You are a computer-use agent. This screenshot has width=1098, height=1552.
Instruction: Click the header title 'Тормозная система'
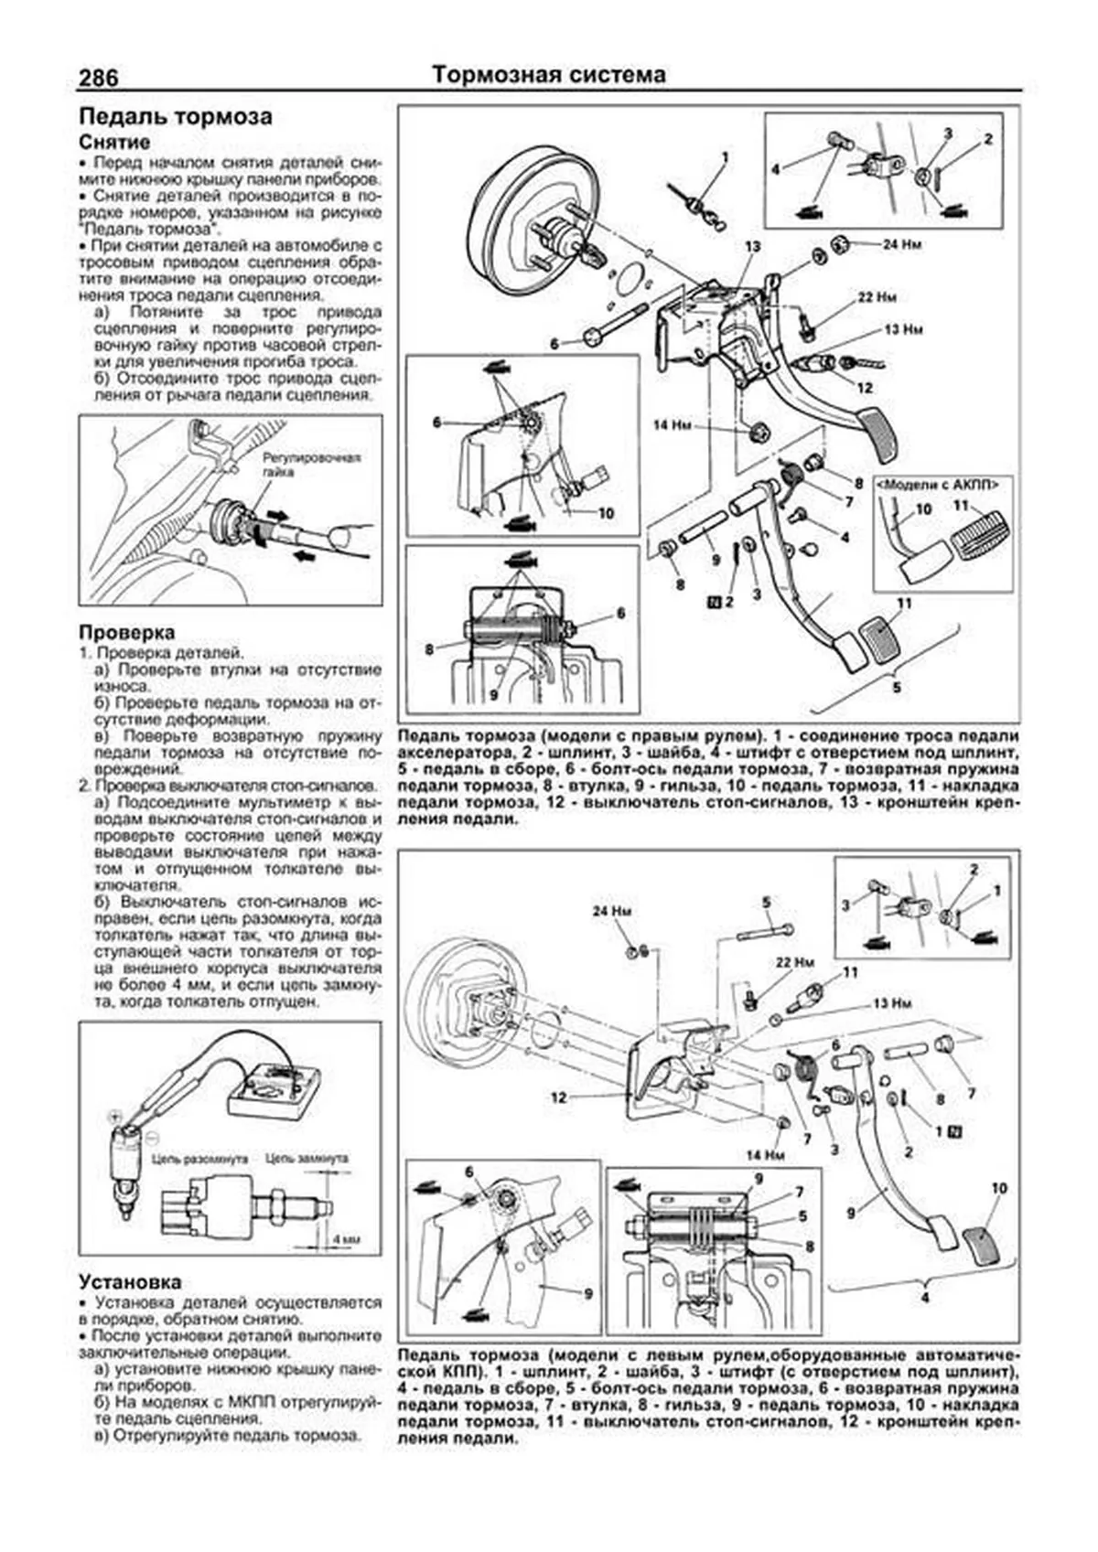549,75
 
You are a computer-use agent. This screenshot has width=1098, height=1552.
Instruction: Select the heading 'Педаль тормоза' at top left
176,117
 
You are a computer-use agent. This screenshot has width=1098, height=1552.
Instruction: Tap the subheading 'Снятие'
114,143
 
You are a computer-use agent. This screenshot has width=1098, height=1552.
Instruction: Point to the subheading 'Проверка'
127,632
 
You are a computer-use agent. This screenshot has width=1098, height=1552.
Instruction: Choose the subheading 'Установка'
130,1282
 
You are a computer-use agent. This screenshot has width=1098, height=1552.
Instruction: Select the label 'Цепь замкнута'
307,1158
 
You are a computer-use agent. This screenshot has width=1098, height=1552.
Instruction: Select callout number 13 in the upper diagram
752,247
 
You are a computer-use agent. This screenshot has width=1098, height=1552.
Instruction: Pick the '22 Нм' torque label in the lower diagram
794,963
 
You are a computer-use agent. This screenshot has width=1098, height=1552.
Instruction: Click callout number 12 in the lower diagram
559,1097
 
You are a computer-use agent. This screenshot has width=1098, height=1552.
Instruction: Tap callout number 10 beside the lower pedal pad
998,1188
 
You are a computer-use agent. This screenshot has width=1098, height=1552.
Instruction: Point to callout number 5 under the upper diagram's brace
897,687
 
